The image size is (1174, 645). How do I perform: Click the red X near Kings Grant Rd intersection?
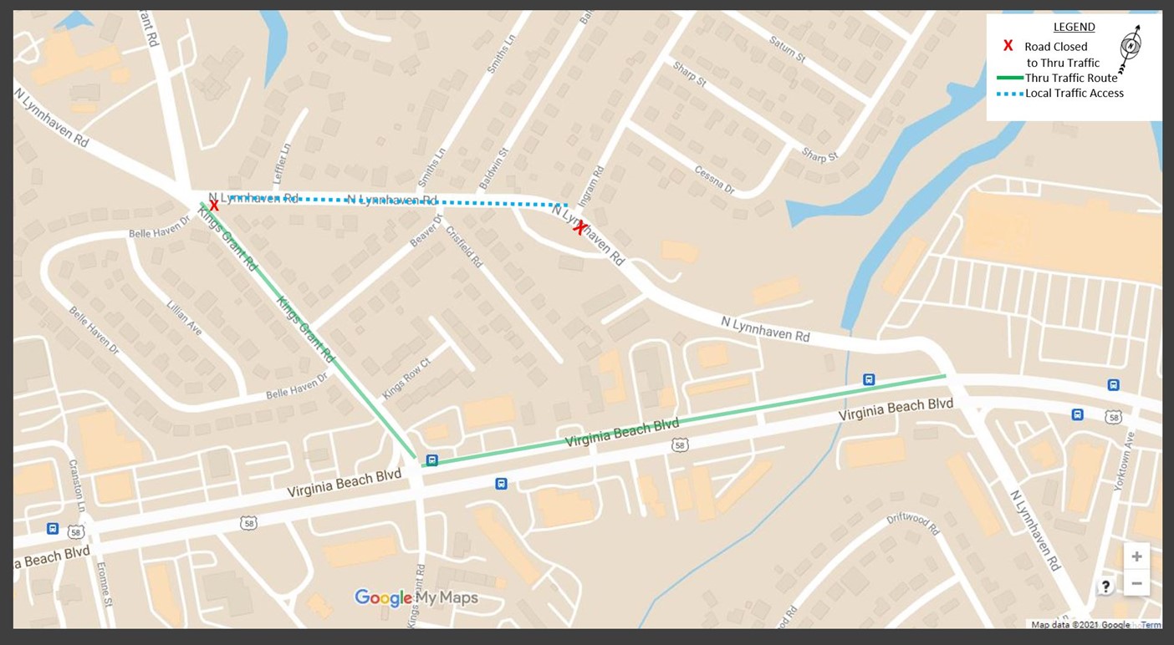pos(214,205)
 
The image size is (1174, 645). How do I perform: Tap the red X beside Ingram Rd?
pos(579,227)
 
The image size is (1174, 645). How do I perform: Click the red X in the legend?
pos(1008,47)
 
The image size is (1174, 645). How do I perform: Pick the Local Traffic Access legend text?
pos(1074,94)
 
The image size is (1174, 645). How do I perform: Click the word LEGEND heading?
pos(1074,27)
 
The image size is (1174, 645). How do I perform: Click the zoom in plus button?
pos(1136,556)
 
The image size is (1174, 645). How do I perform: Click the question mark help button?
pos(1105,587)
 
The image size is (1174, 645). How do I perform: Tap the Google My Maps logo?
pos(416,597)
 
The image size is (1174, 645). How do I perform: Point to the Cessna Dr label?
pos(713,180)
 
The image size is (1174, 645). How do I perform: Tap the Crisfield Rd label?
pos(465,246)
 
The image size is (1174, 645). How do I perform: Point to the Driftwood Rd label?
pos(913,525)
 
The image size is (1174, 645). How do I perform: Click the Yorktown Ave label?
pos(1125,460)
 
